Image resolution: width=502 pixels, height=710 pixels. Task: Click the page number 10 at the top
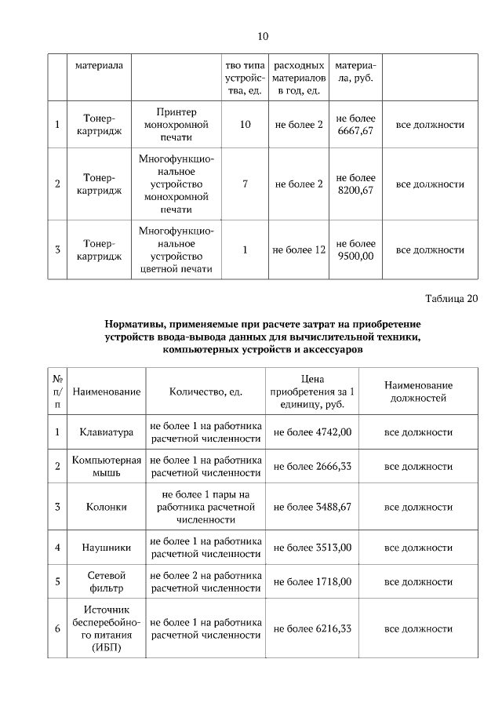click(x=263, y=36)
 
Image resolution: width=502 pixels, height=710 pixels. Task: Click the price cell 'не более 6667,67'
click(x=355, y=125)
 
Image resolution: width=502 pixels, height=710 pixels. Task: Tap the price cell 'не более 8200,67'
click(x=355, y=184)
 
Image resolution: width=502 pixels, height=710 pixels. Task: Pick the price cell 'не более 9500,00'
click(x=355, y=249)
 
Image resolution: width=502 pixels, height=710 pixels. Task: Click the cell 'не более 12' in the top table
click(x=298, y=250)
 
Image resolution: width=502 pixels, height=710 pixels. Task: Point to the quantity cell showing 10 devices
click(x=245, y=125)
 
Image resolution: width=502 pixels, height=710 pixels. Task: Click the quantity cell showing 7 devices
click(x=245, y=184)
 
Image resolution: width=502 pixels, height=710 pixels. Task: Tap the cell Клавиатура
click(x=106, y=431)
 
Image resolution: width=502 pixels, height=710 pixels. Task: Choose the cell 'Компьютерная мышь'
click(x=106, y=466)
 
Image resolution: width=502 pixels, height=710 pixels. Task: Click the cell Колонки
click(x=106, y=507)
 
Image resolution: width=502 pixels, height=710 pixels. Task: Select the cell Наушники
click(x=106, y=547)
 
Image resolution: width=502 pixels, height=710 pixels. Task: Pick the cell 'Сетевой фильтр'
click(x=106, y=581)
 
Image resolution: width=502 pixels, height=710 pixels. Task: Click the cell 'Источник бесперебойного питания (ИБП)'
click(x=106, y=628)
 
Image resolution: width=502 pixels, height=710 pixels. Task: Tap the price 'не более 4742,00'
click(x=311, y=431)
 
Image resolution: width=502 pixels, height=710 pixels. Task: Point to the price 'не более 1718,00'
click(x=311, y=581)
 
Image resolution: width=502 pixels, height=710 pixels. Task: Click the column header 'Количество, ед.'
click(x=206, y=391)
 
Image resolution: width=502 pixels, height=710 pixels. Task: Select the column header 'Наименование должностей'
click(x=418, y=391)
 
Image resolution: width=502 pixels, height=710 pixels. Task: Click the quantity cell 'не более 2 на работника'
click(x=206, y=581)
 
